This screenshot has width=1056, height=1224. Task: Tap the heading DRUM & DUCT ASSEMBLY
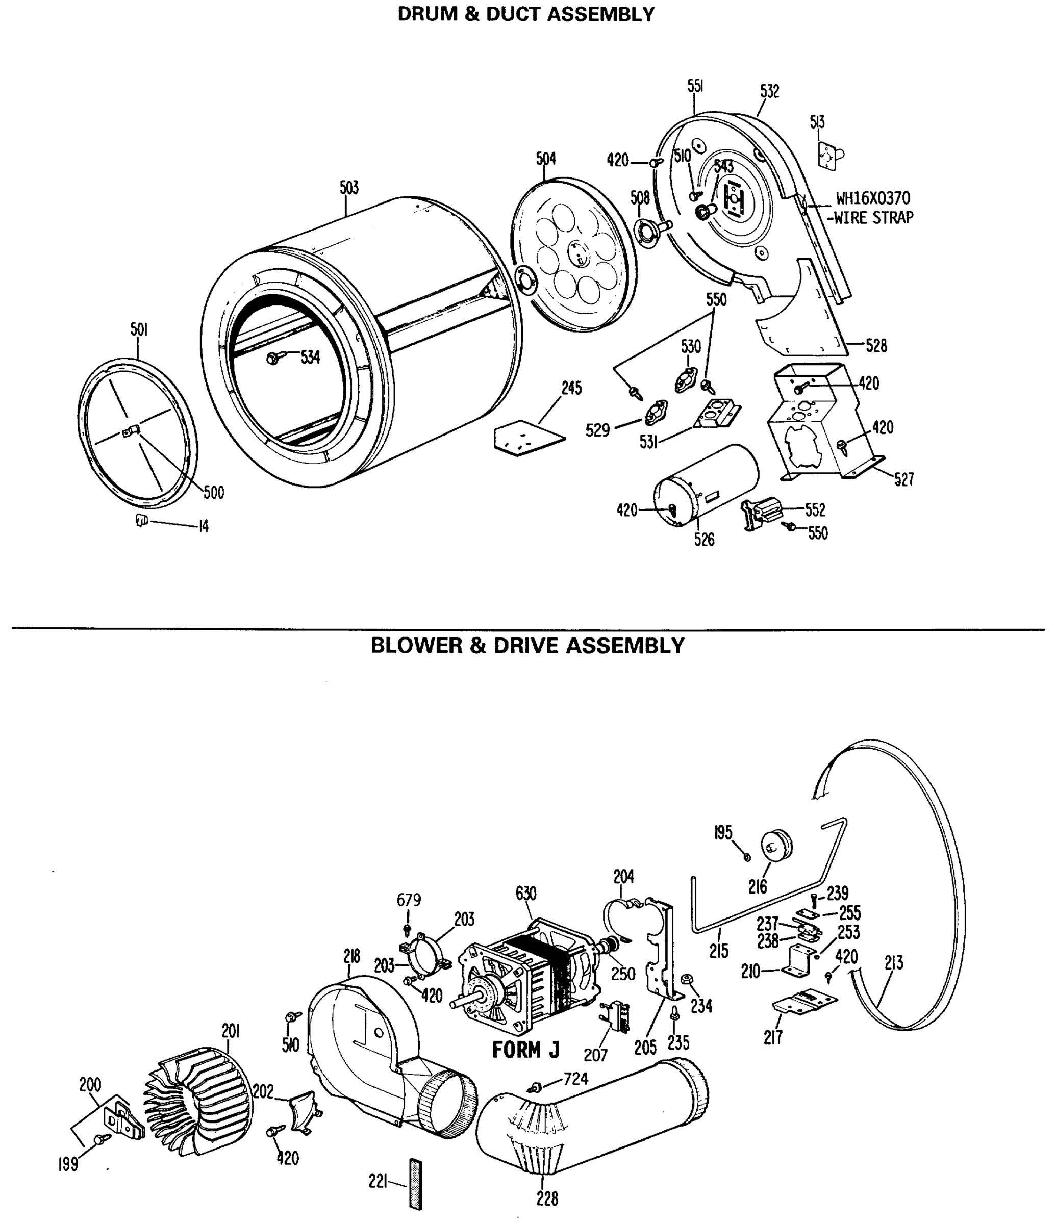525,14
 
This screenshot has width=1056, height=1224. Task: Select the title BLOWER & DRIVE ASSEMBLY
527,646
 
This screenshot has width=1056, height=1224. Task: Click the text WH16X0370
873,198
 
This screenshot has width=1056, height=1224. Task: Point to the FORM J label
525,1050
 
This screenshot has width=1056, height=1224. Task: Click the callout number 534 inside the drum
310,357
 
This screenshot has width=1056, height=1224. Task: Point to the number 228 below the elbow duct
547,1198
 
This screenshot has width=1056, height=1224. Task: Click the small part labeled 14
141,520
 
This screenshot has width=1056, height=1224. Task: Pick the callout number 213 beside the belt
893,963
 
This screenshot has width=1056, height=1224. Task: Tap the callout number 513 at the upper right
817,122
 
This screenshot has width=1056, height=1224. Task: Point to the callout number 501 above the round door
139,329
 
